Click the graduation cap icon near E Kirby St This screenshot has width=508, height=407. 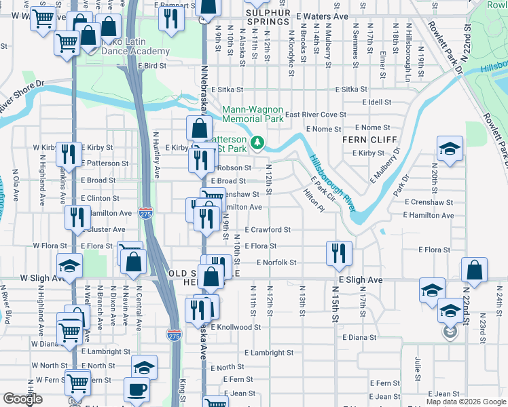tap(448, 150)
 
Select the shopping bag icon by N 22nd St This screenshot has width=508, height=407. tap(474, 269)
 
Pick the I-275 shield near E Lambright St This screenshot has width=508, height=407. tap(174, 334)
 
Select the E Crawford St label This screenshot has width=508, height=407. tap(268, 230)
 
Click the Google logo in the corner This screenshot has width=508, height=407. tap(22, 399)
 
